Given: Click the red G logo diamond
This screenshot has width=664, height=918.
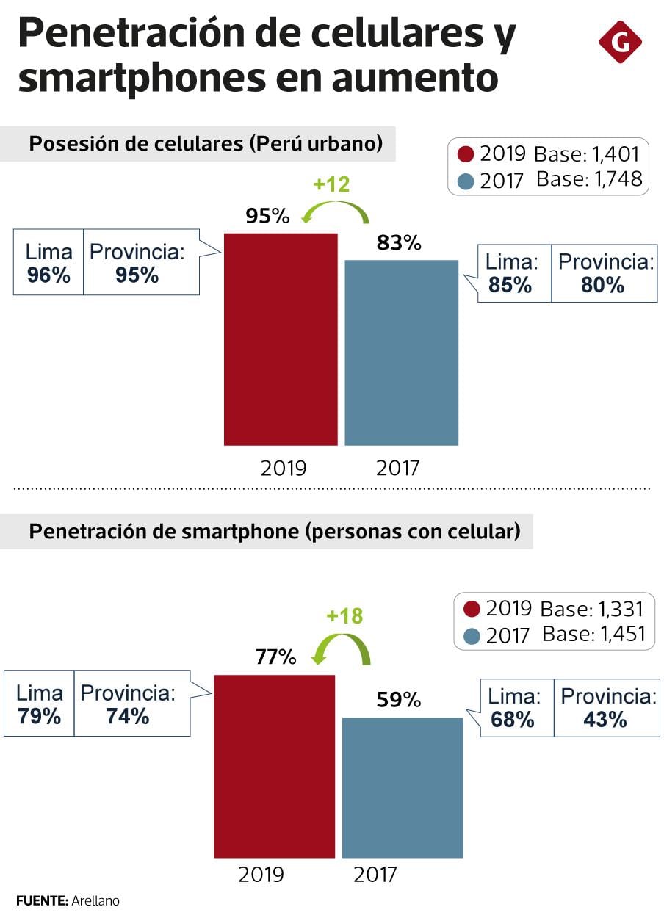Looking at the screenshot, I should [x=620, y=43].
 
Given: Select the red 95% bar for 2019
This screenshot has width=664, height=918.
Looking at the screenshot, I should [x=281, y=339].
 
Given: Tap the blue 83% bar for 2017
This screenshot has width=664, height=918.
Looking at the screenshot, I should [x=401, y=353].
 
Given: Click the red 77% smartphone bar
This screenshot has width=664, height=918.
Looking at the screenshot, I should [x=274, y=766].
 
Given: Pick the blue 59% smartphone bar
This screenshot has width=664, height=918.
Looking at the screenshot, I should [x=403, y=787].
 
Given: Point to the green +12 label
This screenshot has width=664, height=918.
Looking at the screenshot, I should [x=331, y=184].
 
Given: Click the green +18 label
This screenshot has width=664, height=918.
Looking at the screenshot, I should [x=344, y=615].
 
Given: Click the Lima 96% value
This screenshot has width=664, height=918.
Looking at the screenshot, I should [x=48, y=275].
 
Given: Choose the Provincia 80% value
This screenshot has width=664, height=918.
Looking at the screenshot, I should [x=602, y=286].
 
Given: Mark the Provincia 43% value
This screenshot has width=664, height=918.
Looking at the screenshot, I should [x=605, y=720].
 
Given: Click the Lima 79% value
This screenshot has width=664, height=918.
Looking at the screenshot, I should [x=40, y=716].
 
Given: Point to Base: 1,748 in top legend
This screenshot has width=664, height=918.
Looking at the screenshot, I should [x=589, y=178].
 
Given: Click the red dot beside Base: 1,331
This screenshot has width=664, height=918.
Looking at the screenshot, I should [x=472, y=609].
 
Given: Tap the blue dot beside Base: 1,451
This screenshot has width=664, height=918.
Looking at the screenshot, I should [x=472, y=635].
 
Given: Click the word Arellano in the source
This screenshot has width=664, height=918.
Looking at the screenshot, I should [x=95, y=900].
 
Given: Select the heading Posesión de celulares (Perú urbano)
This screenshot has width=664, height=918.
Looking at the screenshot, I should [x=206, y=144].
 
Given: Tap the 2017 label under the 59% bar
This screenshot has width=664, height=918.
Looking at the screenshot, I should [x=375, y=875].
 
